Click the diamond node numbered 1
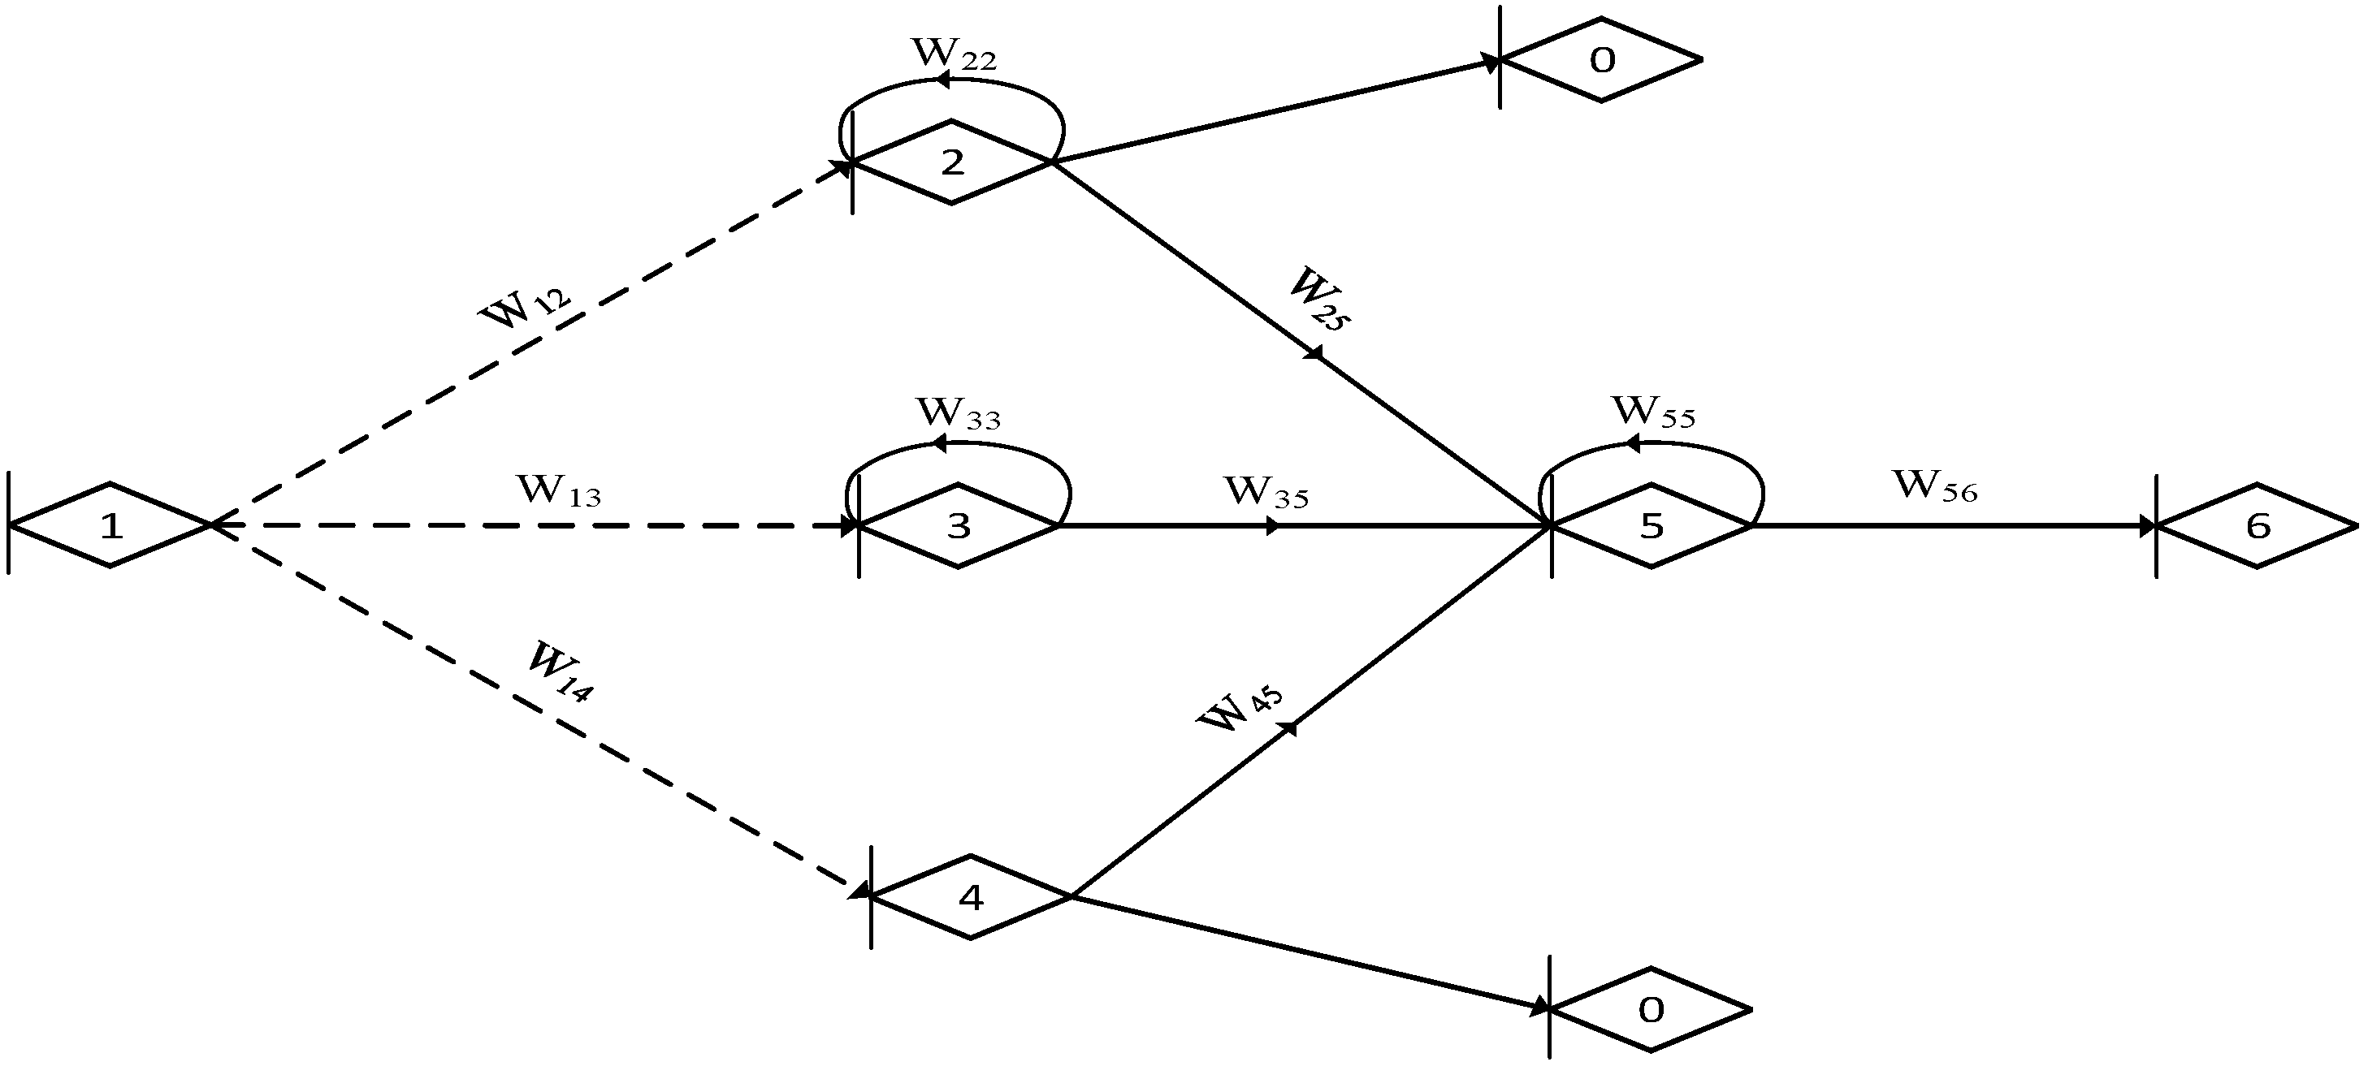click(110, 525)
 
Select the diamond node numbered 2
click(952, 162)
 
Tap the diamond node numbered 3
click(958, 525)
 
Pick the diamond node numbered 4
click(971, 896)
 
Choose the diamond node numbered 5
click(1651, 525)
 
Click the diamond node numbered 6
click(2257, 525)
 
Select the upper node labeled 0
click(1601, 61)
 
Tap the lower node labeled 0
click(1651, 1010)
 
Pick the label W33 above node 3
click(958, 413)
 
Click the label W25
click(1319, 299)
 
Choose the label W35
click(1266, 493)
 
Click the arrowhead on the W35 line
click(1272, 525)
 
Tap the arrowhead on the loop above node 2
click(942, 81)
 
